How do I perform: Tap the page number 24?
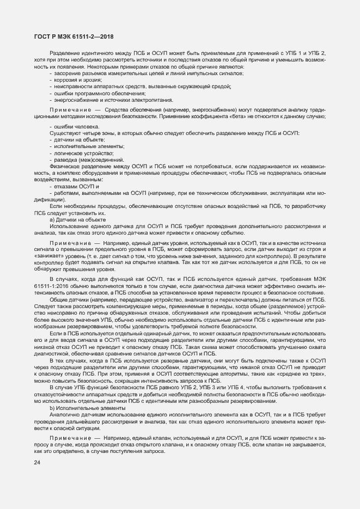click(x=37, y=463)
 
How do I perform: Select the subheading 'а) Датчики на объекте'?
click(x=78, y=219)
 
